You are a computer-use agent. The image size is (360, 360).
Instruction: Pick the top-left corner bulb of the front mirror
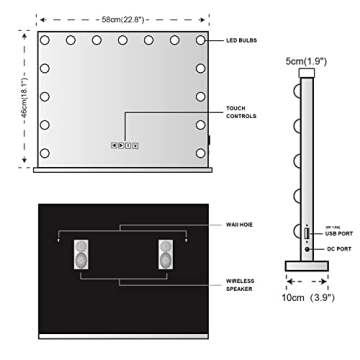tap(47, 41)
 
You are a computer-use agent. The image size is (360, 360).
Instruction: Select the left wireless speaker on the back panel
tap(82, 255)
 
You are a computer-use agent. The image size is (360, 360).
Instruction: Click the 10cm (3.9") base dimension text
tap(308, 299)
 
